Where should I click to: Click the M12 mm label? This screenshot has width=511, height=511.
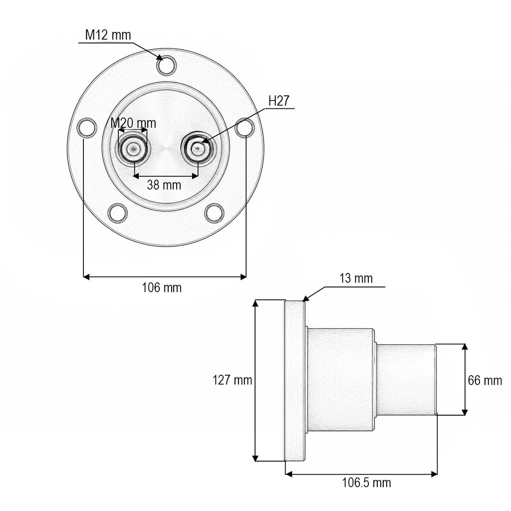tap(108, 35)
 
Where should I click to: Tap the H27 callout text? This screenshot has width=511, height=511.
tap(278, 101)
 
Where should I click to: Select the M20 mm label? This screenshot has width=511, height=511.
tap(133, 123)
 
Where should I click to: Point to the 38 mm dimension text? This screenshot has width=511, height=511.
tap(164, 185)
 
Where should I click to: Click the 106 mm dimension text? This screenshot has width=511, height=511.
tap(162, 287)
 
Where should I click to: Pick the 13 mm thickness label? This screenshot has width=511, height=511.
tap(356, 278)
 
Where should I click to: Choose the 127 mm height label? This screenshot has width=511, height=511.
tap(233, 380)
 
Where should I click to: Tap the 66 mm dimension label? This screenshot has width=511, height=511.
tap(485, 380)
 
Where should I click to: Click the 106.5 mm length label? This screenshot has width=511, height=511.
tap(366, 483)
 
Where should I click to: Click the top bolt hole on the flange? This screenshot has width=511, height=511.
tap(166, 65)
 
